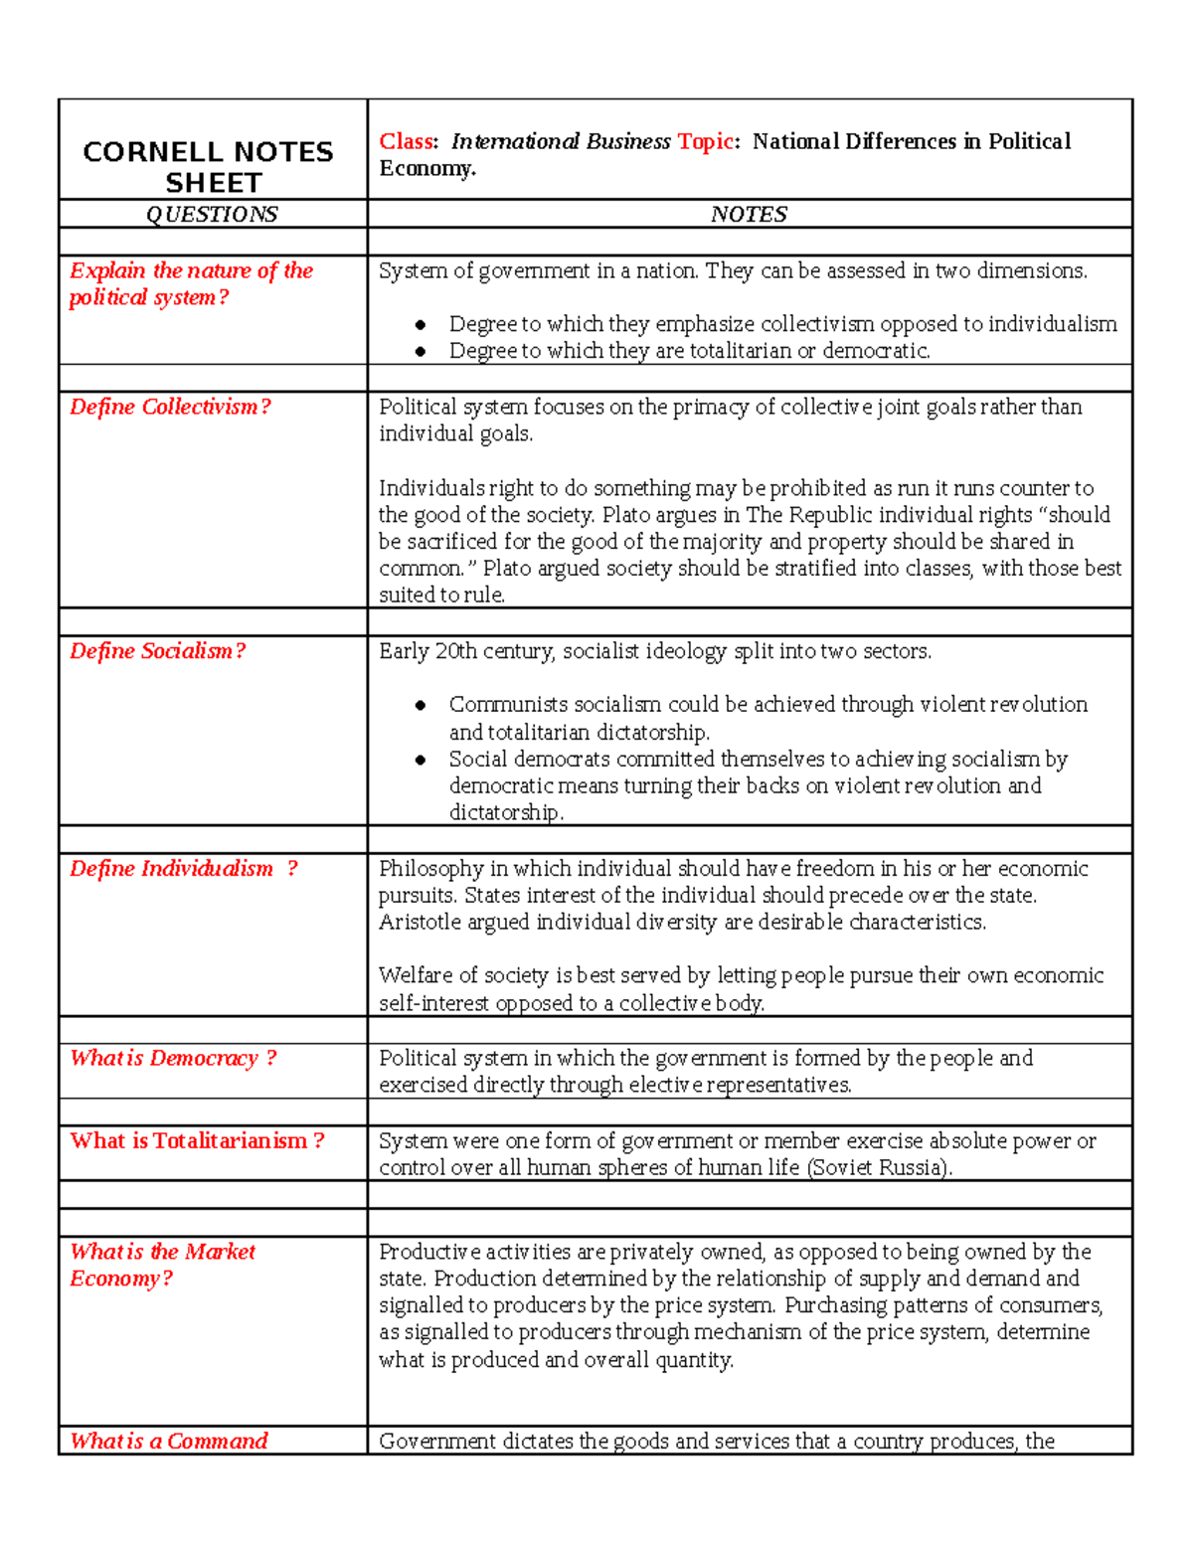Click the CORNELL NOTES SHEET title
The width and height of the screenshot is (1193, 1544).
point(208,167)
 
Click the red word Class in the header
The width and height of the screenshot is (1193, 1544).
point(406,142)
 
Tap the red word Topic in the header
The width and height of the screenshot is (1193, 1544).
point(705,142)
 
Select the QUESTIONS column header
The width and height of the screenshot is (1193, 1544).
point(212,215)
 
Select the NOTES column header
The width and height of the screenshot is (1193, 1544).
point(749,215)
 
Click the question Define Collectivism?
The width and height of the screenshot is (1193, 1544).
point(169,408)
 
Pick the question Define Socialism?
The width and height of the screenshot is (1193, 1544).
point(157,651)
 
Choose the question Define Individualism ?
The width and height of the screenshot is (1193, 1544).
point(183,869)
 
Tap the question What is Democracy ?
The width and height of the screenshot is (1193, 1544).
point(173,1059)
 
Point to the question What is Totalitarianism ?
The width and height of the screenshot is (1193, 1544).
point(197,1141)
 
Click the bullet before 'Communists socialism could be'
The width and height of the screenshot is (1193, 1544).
point(421,706)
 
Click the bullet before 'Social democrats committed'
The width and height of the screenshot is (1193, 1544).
point(421,761)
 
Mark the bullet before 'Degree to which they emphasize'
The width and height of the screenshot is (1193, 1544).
point(421,325)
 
